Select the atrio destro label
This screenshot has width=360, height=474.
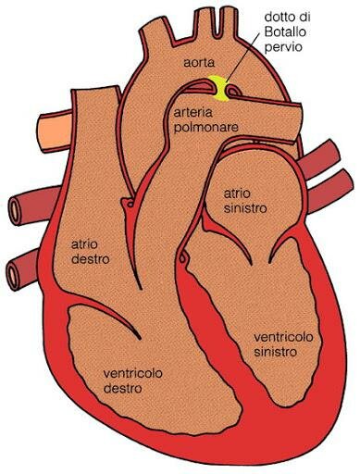pyautogui.click(x=90, y=251)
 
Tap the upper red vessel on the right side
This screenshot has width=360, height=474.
pyautogui.click(x=325, y=157)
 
